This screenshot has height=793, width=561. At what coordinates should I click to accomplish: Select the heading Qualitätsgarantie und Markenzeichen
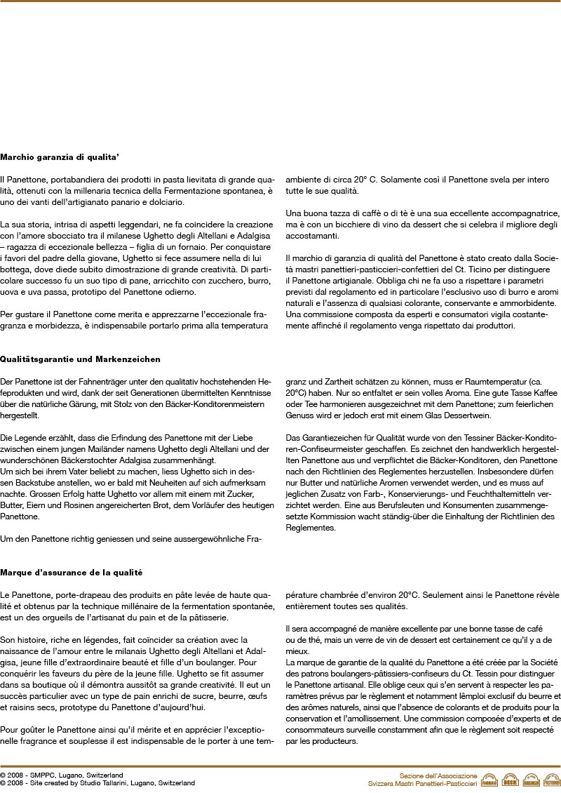[x=81, y=359]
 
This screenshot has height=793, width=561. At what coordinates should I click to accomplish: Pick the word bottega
[x=15, y=269]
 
